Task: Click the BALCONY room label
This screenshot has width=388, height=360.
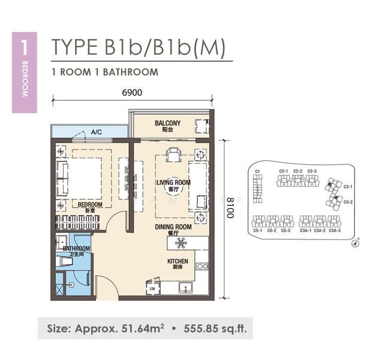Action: coord(167,124)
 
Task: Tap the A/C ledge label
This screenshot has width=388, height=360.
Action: coord(96,133)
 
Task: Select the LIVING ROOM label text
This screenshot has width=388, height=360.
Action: coord(173,182)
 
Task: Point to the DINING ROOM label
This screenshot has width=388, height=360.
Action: coord(173,227)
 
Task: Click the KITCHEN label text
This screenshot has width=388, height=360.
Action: coord(178,262)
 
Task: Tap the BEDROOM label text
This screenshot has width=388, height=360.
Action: coord(90,205)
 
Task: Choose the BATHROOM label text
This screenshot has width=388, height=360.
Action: coord(77,248)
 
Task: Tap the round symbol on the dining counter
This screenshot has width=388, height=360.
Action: coord(181,243)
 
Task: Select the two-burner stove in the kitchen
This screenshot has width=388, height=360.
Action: coord(202,266)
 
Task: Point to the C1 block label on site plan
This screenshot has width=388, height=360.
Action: coord(257,172)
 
